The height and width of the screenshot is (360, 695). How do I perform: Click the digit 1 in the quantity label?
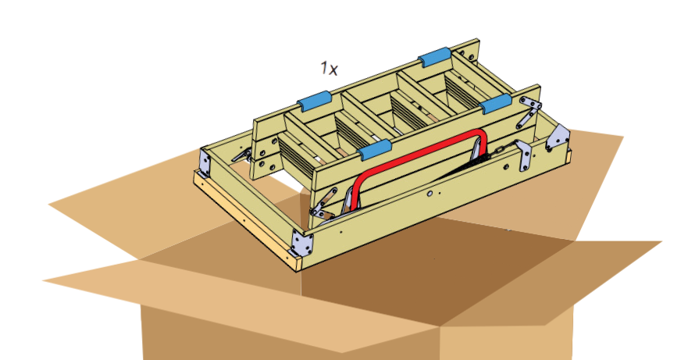click(324, 67)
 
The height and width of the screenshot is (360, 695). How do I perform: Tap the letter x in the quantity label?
click(333, 70)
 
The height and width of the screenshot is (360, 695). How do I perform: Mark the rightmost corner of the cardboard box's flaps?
click(661, 242)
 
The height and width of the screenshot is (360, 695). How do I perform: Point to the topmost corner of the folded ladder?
click(477, 39)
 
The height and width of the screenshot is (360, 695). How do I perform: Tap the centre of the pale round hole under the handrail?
click(430, 194)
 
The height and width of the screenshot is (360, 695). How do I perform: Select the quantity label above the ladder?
click(330, 68)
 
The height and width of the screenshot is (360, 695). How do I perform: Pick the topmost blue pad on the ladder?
click(435, 57)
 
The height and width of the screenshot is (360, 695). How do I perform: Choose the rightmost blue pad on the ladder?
click(496, 104)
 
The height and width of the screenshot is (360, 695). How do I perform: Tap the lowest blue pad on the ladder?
click(375, 150)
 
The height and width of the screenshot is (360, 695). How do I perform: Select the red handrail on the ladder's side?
click(419, 169)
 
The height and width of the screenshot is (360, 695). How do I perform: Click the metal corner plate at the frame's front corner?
click(302, 244)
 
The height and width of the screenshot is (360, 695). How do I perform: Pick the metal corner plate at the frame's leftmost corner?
click(205, 162)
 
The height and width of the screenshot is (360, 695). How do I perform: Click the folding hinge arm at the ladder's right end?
click(530, 112)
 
